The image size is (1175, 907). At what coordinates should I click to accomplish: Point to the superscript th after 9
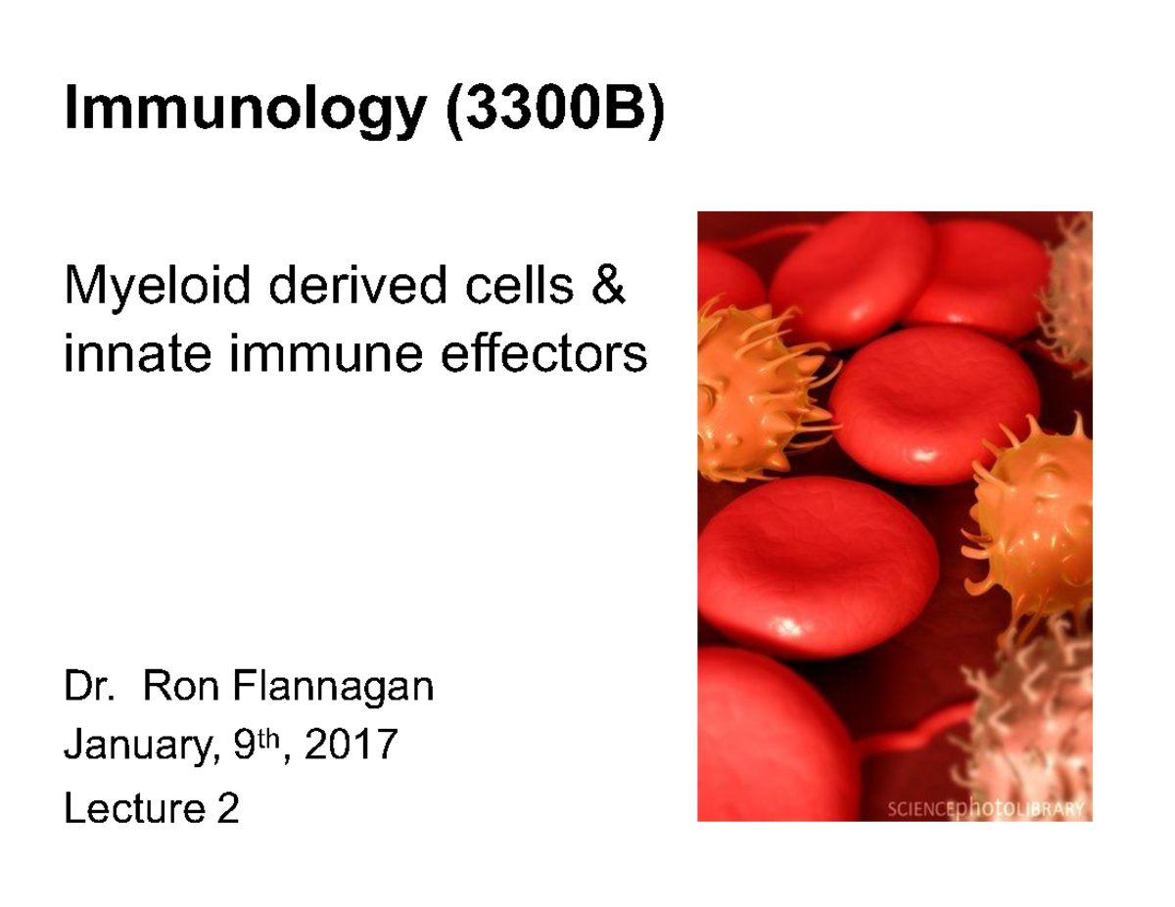[x=278, y=740]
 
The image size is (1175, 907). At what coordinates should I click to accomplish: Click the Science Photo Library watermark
[x=985, y=808]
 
